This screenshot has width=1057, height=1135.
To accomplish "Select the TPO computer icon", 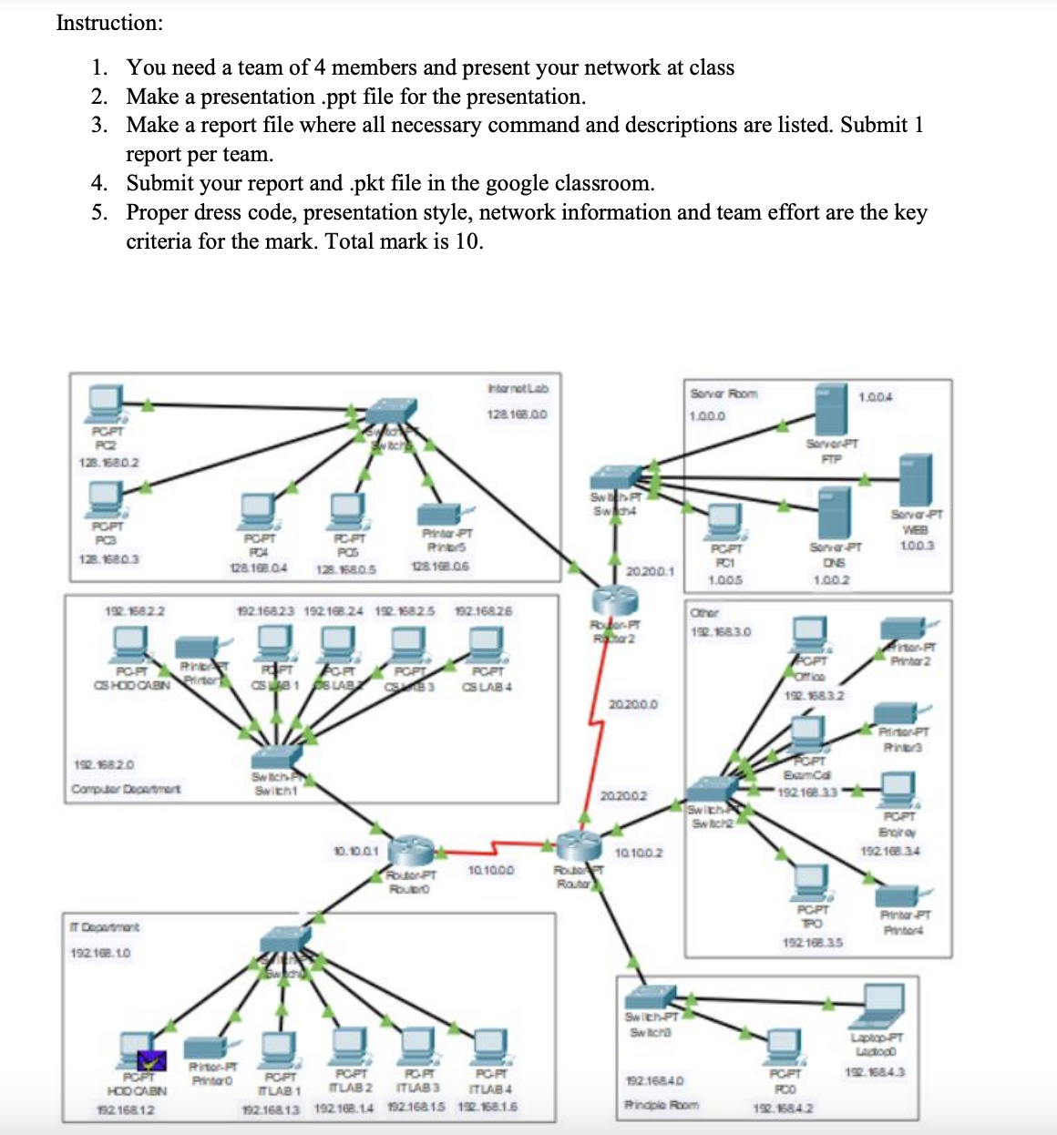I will (810, 881).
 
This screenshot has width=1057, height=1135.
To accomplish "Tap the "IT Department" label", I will (105, 926).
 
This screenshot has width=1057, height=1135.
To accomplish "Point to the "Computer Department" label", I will (126, 788).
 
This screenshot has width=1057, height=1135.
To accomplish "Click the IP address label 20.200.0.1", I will (650, 571).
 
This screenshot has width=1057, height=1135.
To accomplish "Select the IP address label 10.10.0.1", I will (356, 851).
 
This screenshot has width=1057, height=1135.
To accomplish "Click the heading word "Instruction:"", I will (109, 23).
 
